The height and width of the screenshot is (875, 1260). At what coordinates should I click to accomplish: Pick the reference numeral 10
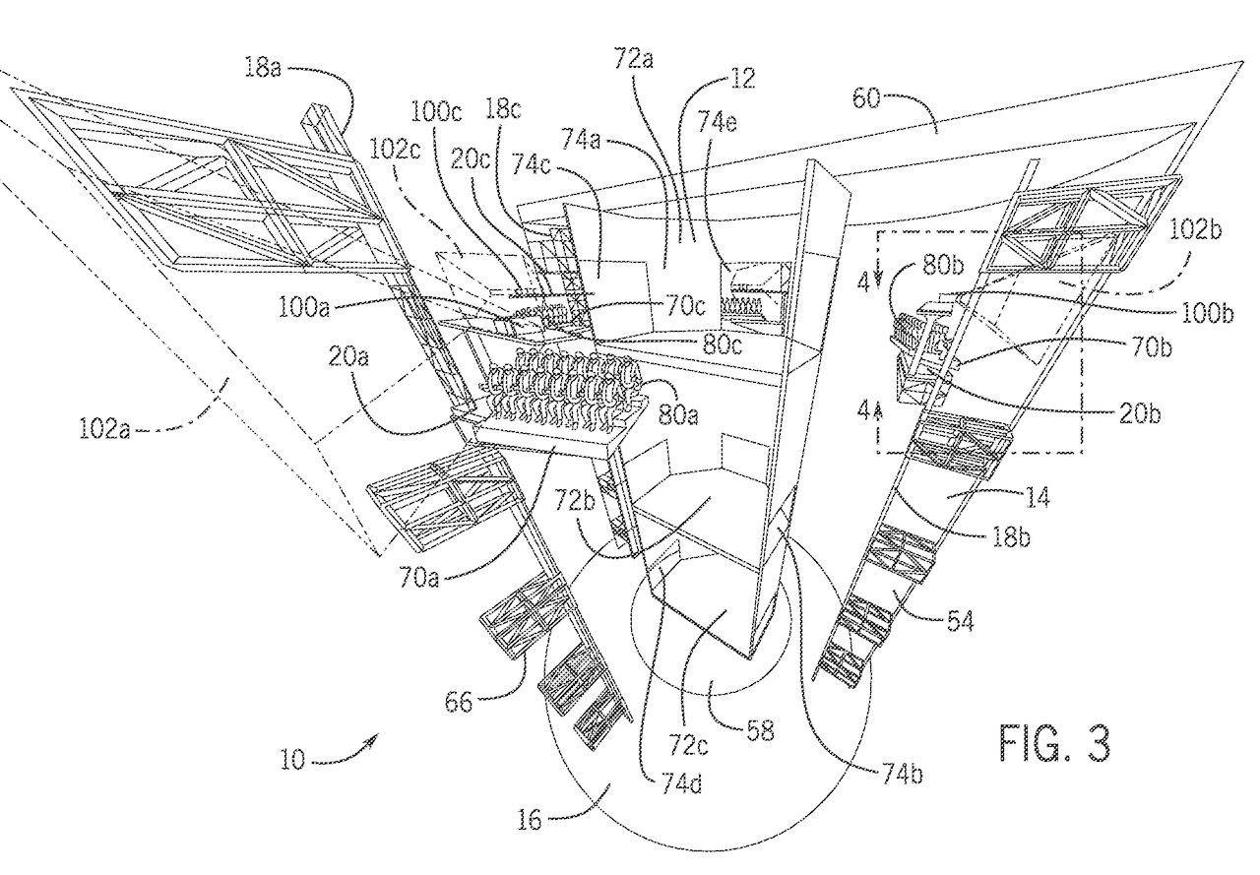pyautogui.click(x=292, y=760)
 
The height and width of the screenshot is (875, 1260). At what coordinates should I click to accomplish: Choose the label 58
pyautogui.click(x=760, y=730)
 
